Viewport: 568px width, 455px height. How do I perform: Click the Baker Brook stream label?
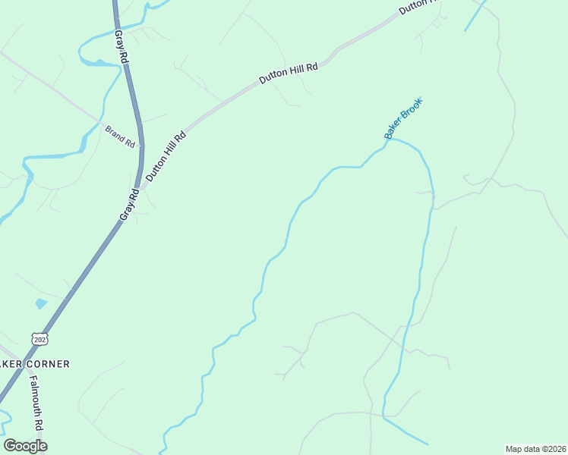point(402,118)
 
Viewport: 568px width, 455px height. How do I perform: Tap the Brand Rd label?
point(120,136)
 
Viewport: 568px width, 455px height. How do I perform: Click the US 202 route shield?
point(39,338)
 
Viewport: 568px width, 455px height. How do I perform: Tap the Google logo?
point(25,446)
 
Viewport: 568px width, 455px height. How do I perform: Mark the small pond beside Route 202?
point(40,304)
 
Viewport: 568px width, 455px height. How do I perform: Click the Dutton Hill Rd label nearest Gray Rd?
point(166,158)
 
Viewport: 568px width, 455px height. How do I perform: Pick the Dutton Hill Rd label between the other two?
point(288,73)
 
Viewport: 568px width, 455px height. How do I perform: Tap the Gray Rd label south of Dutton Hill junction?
point(129,205)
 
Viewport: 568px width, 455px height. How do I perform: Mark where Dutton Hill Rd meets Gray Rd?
point(140,187)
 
